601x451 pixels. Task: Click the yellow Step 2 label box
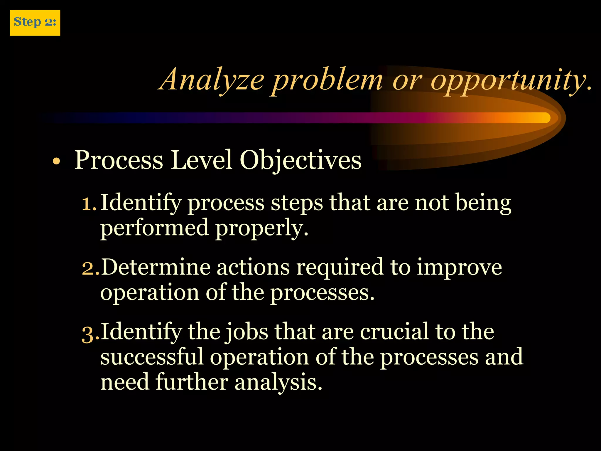tap(35, 23)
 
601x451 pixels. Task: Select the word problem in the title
tap(327, 80)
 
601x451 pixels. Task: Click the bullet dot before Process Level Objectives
tap(56, 161)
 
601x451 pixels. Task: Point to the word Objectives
tap(300, 160)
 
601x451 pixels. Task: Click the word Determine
tap(156, 267)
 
